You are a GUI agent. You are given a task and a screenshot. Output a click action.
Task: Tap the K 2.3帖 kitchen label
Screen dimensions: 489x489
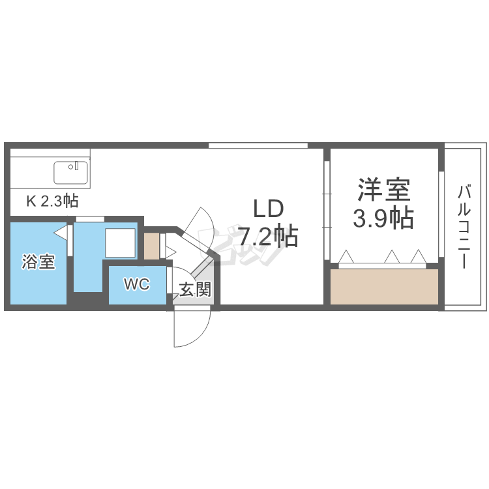coord(53,201)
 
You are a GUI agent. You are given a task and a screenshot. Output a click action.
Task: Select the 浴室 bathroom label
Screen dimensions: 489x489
coord(38,263)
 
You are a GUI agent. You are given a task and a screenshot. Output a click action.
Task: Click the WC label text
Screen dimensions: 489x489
coord(137,285)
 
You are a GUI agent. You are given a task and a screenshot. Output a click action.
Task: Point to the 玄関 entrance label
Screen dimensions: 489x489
coord(194,289)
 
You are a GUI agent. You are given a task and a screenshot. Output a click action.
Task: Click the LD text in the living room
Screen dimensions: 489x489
coord(267,209)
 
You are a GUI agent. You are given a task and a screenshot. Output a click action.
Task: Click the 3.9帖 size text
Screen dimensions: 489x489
coord(383,219)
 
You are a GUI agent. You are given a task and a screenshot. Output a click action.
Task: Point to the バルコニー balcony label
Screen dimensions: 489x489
coord(464,227)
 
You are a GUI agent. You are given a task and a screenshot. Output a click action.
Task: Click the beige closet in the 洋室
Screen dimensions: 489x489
coord(383,286)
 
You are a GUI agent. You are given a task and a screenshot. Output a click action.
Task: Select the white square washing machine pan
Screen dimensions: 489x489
coord(121,244)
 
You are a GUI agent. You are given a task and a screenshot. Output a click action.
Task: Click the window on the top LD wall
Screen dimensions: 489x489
coord(258,145)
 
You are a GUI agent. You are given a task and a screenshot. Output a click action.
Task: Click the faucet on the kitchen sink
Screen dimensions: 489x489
coord(76,166)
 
